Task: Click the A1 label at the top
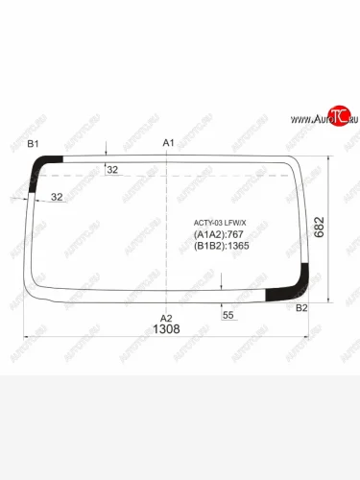pyautogui.click(x=168, y=143)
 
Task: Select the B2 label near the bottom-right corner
pyautogui.click(x=301, y=307)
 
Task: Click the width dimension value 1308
pyautogui.click(x=166, y=329)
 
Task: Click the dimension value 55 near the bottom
pyautogui.click(x=228, y=315)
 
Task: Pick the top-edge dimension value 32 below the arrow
pyautogui.click(x=112, y=169)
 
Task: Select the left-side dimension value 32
pyautogui.click(x=57, y=197)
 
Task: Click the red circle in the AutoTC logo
pyautogui.click(x=337, y=115)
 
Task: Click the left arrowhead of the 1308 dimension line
pyautogui.click(x=26, y=336)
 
